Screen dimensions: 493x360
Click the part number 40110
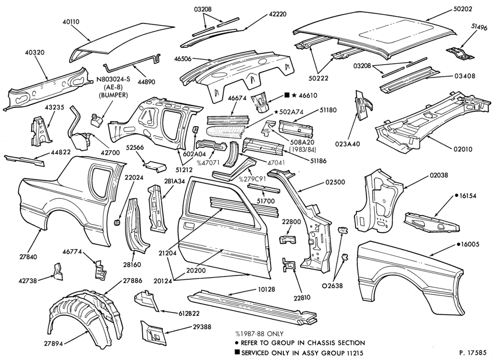71,22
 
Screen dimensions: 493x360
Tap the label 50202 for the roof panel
463,9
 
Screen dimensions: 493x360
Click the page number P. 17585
472,353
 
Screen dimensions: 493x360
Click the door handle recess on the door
190,225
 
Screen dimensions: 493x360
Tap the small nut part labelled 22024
117,222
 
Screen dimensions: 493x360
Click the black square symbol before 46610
287,95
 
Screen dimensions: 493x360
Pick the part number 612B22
189,314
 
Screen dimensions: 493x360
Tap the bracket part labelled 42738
57,272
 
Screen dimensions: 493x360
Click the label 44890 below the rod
147,82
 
